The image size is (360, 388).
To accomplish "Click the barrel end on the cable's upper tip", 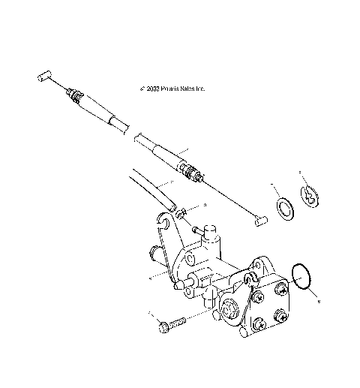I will [x=41, y=77].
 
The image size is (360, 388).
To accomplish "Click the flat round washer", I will [x=286, y=208].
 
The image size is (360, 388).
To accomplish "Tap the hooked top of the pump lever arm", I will [x=164, y=220].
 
